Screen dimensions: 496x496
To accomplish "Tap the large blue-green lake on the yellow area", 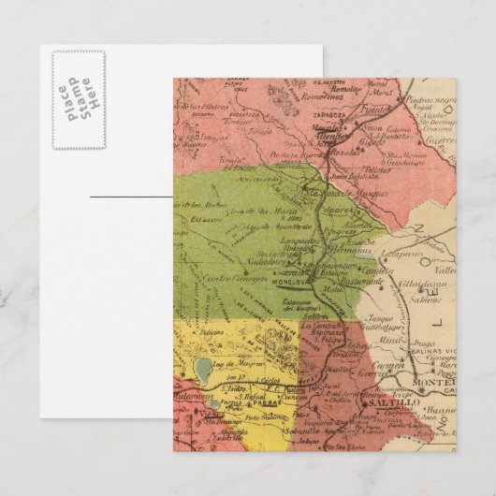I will coord(205,369).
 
